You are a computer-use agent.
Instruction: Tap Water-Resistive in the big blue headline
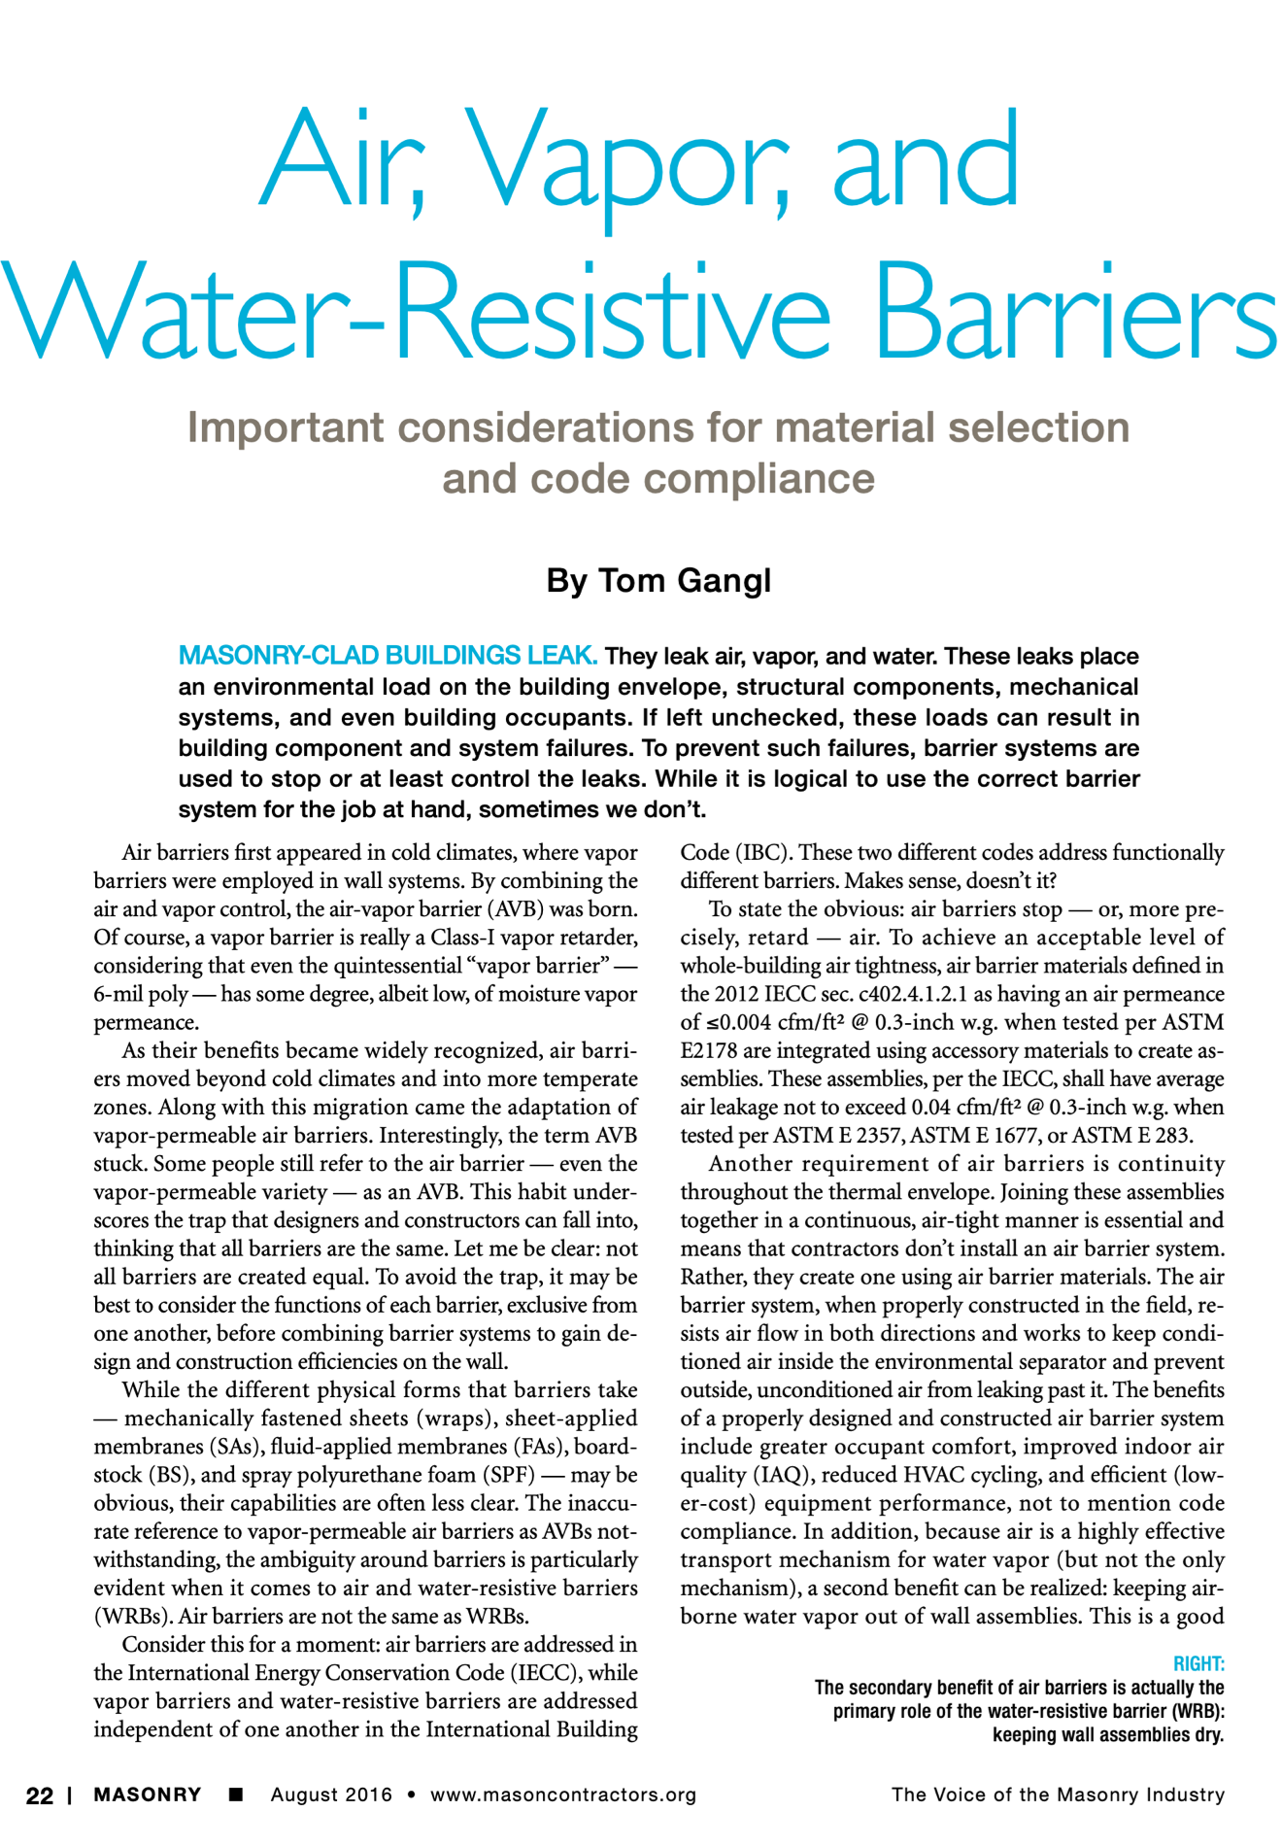point(418,309)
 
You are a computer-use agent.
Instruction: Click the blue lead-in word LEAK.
point(561,656)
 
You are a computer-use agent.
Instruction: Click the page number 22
point(40,1795)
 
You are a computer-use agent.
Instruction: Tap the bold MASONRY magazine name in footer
point(148,1795)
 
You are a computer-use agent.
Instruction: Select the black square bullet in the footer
point(235,1795)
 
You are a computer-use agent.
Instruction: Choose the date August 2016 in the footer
point(331,1795)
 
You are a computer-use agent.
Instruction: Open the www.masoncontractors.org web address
point(563,1795)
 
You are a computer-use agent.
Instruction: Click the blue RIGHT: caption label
point(1198,1663)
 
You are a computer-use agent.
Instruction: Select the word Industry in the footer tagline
point(1184,1795)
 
